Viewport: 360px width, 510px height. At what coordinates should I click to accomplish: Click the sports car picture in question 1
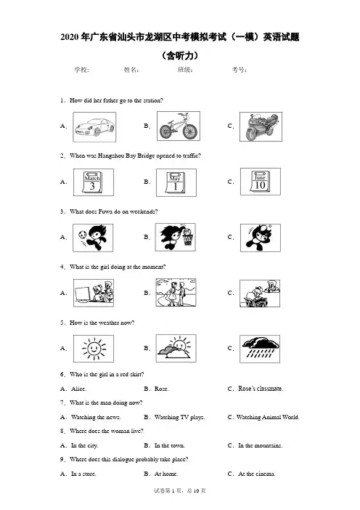(x=94, y=127)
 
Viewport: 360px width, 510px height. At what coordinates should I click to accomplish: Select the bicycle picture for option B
(x=179, y=126)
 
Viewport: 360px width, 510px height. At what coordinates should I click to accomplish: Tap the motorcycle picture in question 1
(x=261, y=127)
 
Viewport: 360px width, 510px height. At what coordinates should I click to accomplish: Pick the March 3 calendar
(x=94, y=182)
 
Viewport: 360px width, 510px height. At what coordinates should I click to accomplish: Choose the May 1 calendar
(x=176, y=182)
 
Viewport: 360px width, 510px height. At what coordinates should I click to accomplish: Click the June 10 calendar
(x=261, y=182)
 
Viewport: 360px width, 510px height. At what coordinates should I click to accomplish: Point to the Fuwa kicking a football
(x=93, y=238)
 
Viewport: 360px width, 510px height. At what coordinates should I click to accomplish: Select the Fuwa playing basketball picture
(x=176, y=237)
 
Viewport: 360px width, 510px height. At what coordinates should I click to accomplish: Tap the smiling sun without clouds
(x=94, y=349)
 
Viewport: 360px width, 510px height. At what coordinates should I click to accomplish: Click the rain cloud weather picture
(x=260, y=349)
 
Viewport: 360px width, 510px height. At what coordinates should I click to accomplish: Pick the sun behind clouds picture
(x=176, y=348)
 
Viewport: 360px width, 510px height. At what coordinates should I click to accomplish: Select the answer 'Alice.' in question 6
(x=78, y=389)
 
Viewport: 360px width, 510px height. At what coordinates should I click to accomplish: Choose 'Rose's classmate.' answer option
(x=261, y=389)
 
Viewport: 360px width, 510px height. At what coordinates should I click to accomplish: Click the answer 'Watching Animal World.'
(x=268, y=417)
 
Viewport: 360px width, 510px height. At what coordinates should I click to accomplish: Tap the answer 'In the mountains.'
(x=261, y=445)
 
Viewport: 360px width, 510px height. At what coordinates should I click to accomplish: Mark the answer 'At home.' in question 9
(x=166, y=474)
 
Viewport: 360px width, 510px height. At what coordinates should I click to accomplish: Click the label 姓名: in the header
(x=131, y=70)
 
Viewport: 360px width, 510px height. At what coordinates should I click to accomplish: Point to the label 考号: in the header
(x=240, y=70)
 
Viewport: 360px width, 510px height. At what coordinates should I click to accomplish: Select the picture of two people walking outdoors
(x=176, y=293)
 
